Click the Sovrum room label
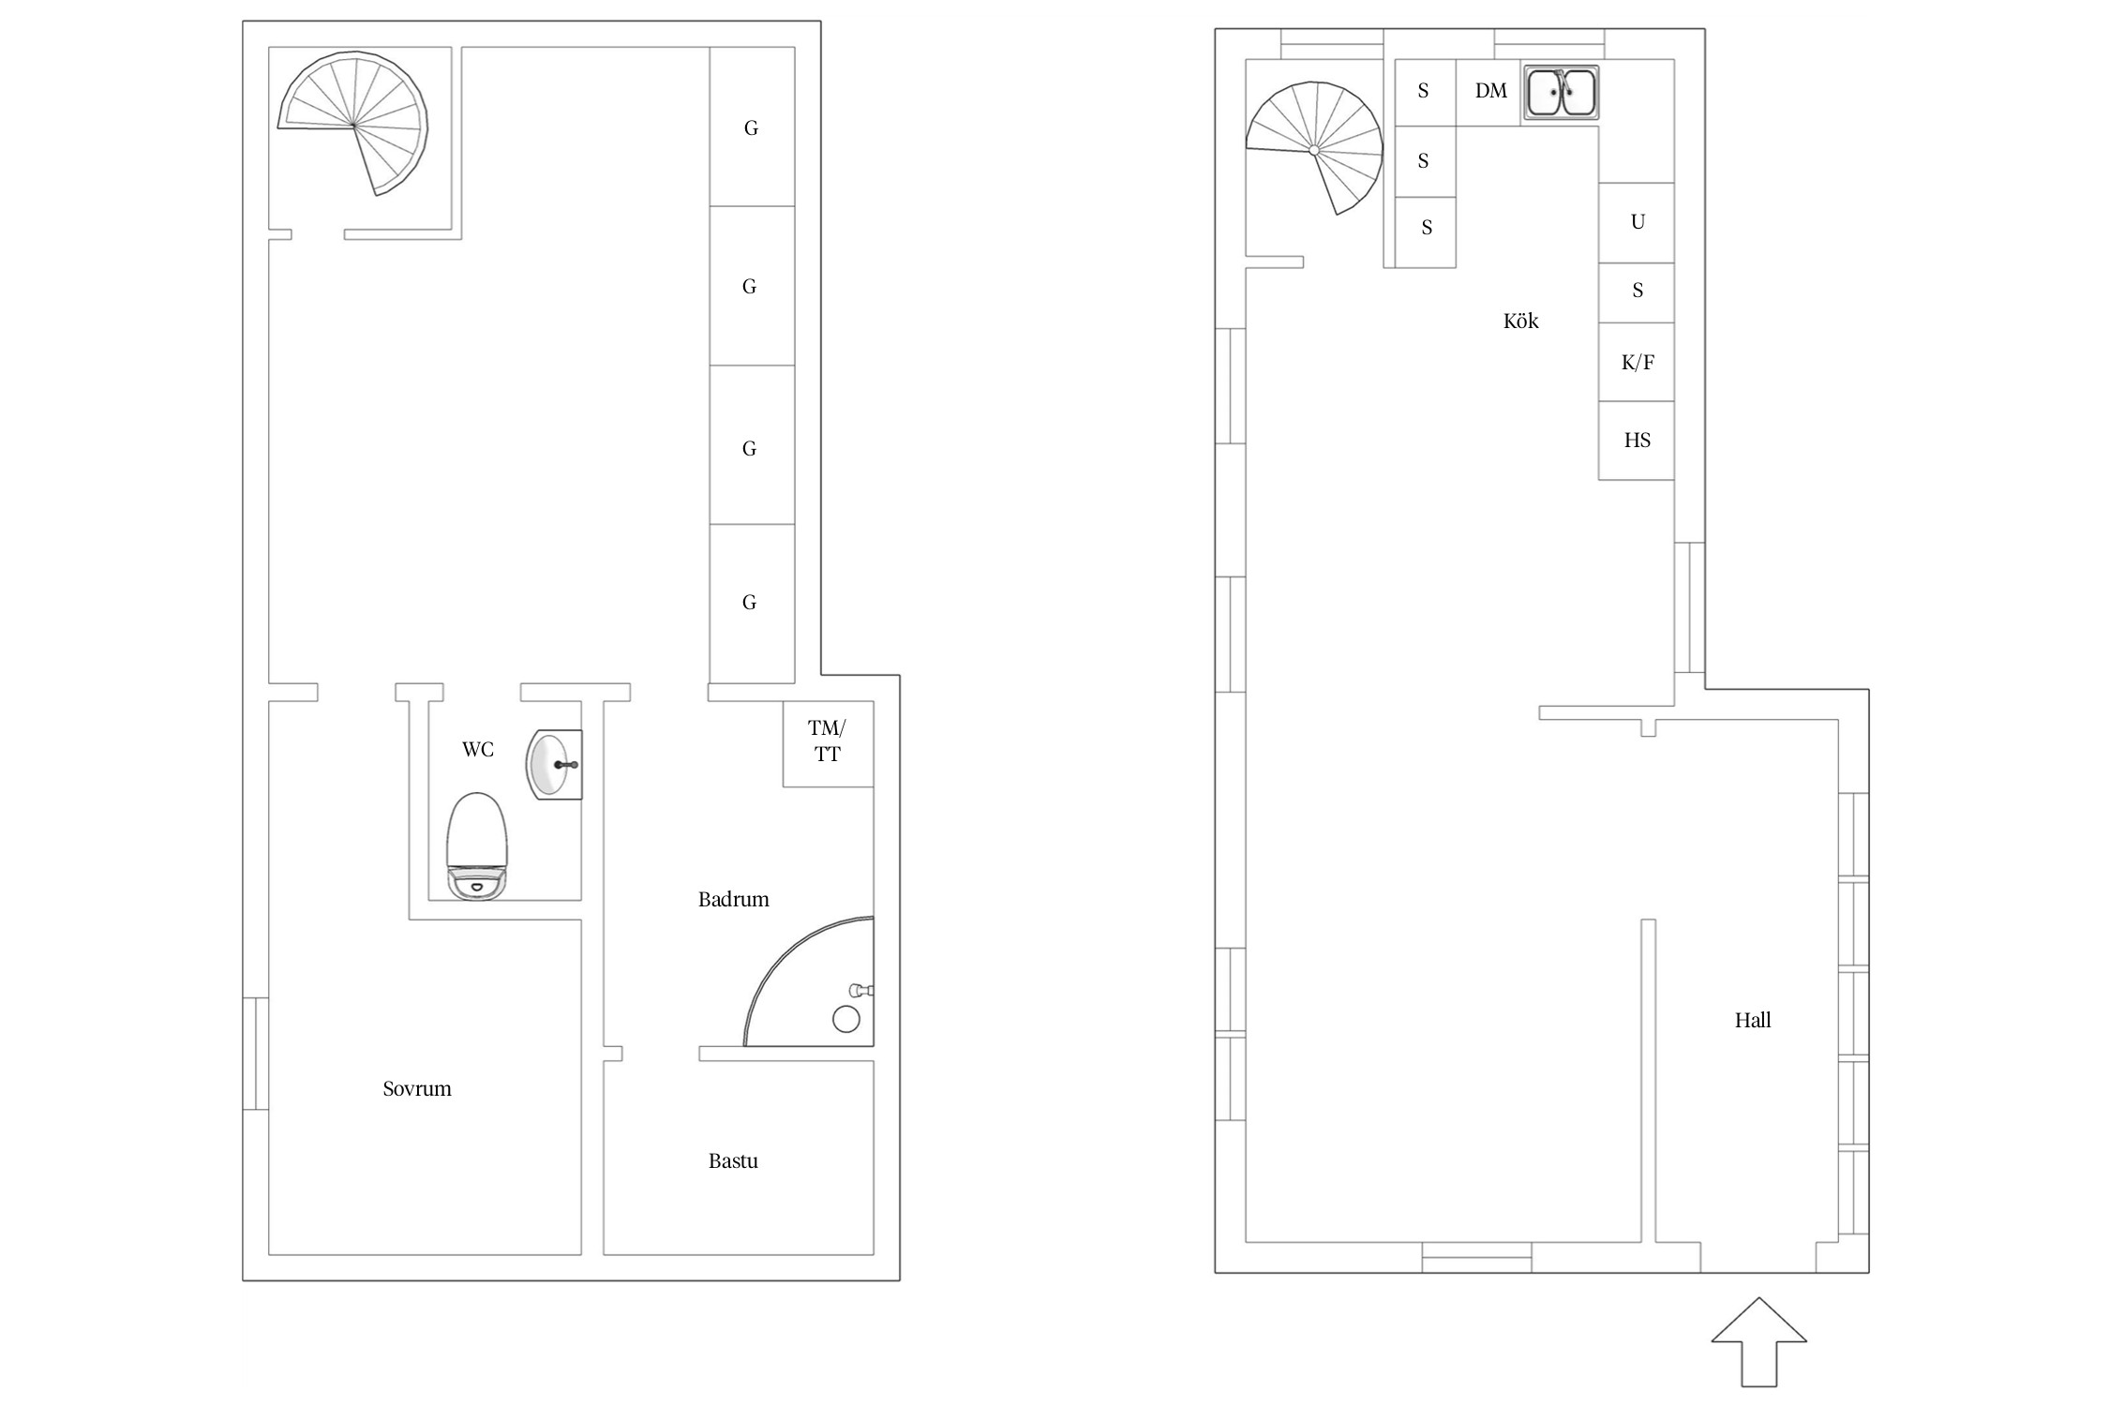[417, 1088]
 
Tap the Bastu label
[733, 1160]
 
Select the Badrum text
[733, 900]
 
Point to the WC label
[477, 749]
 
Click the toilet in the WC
[477, 847]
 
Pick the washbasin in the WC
[554, 765]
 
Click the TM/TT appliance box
[829, 743]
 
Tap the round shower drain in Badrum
[846, 1019]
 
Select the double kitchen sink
[1561, 92]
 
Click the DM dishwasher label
[1491, 91]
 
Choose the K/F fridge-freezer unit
[1637, 363]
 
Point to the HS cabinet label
[1638, 441]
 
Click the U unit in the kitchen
[1637, 223]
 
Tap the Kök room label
[1520, 321]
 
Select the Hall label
[1752, 1020]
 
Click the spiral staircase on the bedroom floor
[353, 123]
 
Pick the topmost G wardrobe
[752, 127]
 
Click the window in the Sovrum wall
[256, 1054]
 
